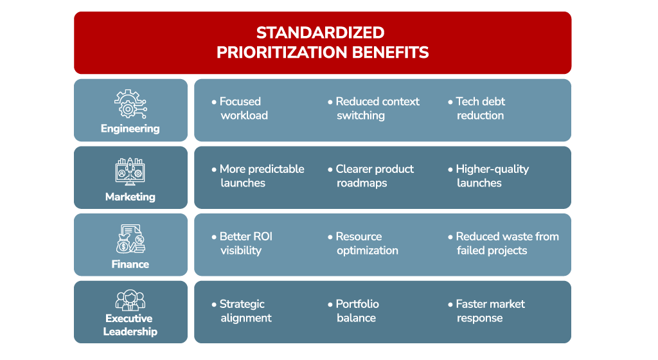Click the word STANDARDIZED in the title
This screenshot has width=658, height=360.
tap(320, 33)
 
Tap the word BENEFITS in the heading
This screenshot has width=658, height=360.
tap(390, 53)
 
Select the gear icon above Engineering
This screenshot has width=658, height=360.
tap(130, 104)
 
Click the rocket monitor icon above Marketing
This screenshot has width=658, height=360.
tap(130, 172)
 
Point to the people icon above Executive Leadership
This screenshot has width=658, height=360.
tap(130, 300)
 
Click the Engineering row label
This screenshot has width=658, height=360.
tap(130, 129)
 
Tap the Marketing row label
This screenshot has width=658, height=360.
tap(130, 197)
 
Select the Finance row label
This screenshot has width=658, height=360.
tap(130, 264)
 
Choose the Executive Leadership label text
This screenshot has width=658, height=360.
tap(130, 325)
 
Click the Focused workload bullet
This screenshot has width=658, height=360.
tap(240, 108)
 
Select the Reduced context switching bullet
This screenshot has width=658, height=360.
tap(373, 108)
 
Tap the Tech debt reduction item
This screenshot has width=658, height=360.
tap(476, 108)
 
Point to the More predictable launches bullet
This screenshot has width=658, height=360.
tap(258, 175)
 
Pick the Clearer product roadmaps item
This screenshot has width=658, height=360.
tap(371, 175)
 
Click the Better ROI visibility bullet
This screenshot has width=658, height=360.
tap(242, 244)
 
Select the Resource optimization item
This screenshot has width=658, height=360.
tap(363, 244)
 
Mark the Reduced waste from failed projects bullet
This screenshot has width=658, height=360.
tap(503, 244)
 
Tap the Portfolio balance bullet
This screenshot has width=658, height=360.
tap(353, 311)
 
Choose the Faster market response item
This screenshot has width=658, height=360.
tap(486, 311)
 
